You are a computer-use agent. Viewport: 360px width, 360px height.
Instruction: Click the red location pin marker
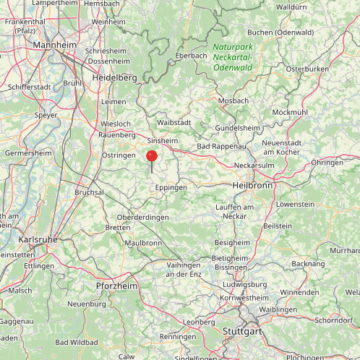pyautogui.click(x=152, y=156)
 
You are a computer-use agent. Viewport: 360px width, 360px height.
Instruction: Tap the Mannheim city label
pyautogui.click(x=55, y=45)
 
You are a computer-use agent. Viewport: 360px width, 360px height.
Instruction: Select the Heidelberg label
pyautogui.click(x=113, y=77)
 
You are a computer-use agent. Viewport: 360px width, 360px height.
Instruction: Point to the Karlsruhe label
pyautogui.click(x=37, y=239)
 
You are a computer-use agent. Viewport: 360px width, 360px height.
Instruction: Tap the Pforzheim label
pyautogui.click(x=116, y=286)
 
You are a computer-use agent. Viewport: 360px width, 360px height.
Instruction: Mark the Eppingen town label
pyautogui.click(x=171, y=187)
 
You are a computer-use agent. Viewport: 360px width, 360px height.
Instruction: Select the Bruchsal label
pyautogui.click(x=90, y=192)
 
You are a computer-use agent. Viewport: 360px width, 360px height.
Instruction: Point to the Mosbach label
pyautogui.click(x=233, y=100)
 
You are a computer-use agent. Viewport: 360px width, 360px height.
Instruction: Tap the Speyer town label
pyautogui.click(x=46, y=115)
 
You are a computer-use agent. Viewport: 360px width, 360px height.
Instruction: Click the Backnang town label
pyautogui.click(x=309, y=264)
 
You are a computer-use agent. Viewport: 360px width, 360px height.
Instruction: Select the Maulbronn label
pyautogui.click(x=143, y=243)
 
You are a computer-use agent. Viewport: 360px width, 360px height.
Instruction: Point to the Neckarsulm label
pyautogui.click(x=254, y=165)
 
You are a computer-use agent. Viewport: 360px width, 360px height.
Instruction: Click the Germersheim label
pyautogui.click(x=28, y=153)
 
